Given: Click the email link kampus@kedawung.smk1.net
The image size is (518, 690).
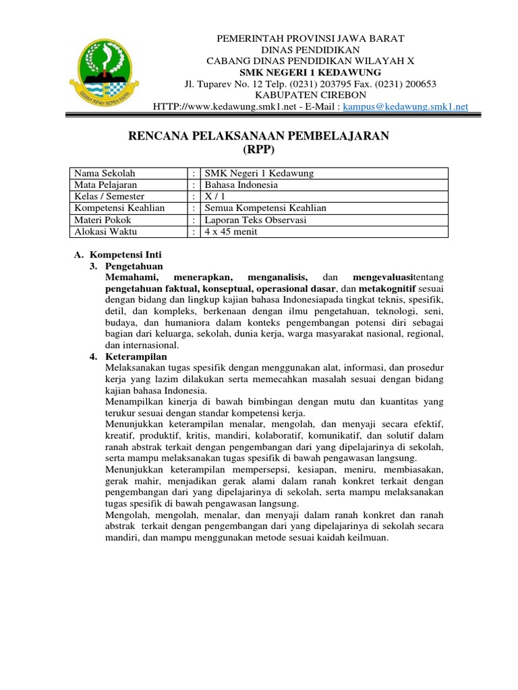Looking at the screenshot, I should coord(405,106).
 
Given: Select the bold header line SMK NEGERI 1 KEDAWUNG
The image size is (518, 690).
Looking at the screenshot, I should coord(311,72).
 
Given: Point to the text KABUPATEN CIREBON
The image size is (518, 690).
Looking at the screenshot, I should coord(311,95).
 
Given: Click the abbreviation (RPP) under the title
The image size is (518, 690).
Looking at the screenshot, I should coord(259,148).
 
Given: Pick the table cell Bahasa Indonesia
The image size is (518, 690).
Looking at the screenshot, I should coord(241,185).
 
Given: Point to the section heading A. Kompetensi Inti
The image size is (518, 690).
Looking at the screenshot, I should coord(117,255).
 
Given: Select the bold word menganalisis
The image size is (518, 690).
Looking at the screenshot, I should coord(278,278).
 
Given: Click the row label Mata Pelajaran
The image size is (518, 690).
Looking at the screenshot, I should coord(106,185).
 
